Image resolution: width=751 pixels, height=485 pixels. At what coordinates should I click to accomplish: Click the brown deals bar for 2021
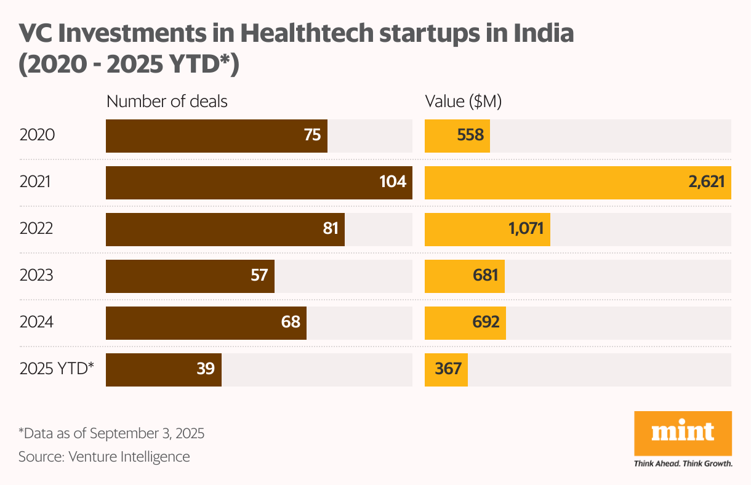pos(259,182)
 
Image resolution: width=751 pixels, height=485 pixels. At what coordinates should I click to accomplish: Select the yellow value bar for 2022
pos(487,229)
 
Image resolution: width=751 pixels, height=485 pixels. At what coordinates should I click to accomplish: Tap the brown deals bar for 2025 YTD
pos(163,369)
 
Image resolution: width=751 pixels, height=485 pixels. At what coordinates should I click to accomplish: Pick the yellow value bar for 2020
pos(457,135)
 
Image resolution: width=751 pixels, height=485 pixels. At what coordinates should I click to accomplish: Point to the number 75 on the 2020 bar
pos(312,135)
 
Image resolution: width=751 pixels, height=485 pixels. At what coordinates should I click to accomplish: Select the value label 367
pos(448,369)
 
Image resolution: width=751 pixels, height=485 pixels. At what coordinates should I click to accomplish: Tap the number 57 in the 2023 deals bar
pos(259,276)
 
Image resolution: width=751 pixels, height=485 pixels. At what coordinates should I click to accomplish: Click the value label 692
pos(486,323)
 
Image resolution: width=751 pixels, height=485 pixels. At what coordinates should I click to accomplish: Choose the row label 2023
pos(36,276)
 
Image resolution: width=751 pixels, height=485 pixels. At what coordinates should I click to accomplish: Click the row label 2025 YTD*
pos(57,369)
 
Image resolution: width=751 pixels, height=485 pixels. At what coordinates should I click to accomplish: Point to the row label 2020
pos(37,135)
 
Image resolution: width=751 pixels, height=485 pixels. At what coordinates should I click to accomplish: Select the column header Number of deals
pos(167,102)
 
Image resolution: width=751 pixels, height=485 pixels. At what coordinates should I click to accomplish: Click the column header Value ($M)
pos(463,102)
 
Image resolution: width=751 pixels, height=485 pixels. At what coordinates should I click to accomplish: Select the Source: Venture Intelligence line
pos(104,457)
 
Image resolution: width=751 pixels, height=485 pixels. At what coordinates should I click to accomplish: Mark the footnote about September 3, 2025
pos(111,433)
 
